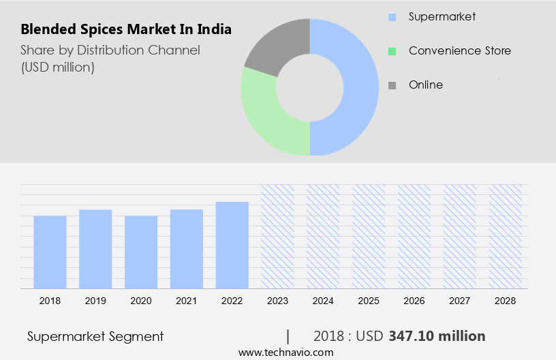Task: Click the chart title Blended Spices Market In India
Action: click(126, 29)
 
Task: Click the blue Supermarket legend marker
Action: click(392, 16)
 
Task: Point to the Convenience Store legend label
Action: click(459, 50)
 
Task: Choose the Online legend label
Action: click(425, 85)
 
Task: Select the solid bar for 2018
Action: click(50, 252)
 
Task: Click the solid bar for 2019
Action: click(95, 249)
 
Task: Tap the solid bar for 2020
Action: click(141, 252)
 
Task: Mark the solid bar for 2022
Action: click(232, 245)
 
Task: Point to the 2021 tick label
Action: click(187, 301)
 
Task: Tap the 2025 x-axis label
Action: click(369, 301)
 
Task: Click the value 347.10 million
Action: click(437, 336)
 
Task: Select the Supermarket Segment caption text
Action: click(95, 336)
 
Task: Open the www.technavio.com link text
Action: click(285, 352)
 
